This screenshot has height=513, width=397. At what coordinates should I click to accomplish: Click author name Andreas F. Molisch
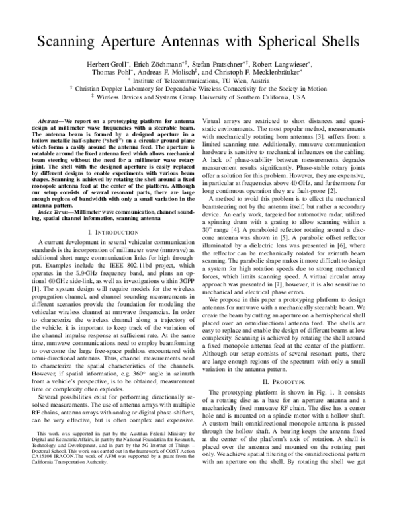pos(169,75)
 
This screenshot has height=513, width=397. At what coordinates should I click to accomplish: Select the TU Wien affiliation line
pos(199,83)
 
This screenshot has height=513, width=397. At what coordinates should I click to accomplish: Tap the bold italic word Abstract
pos(48,124)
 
